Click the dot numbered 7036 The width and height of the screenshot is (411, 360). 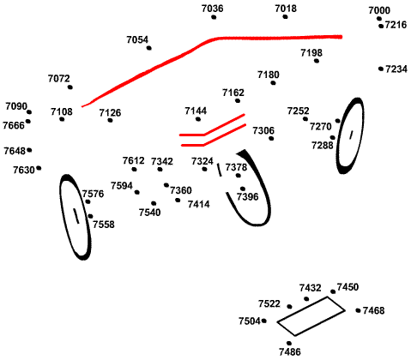214,17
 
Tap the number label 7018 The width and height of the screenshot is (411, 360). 286,9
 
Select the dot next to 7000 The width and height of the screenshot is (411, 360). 379,19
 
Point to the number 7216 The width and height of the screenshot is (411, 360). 396,25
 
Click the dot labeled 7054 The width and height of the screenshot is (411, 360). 149,48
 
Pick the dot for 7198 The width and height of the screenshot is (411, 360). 317,61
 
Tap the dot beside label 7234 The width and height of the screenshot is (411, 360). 381,69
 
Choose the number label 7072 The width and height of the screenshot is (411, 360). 59,78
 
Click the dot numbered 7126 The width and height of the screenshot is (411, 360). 110,120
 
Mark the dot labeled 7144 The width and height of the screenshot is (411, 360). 198,119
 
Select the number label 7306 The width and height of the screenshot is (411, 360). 263,130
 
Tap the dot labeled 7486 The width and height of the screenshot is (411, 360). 289,343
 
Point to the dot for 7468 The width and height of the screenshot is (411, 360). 358,310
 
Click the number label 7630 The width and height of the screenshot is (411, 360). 24,170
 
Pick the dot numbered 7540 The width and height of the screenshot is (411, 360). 154,203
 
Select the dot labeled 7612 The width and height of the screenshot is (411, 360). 134,170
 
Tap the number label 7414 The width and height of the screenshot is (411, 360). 199,204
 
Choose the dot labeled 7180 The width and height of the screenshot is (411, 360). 273,83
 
